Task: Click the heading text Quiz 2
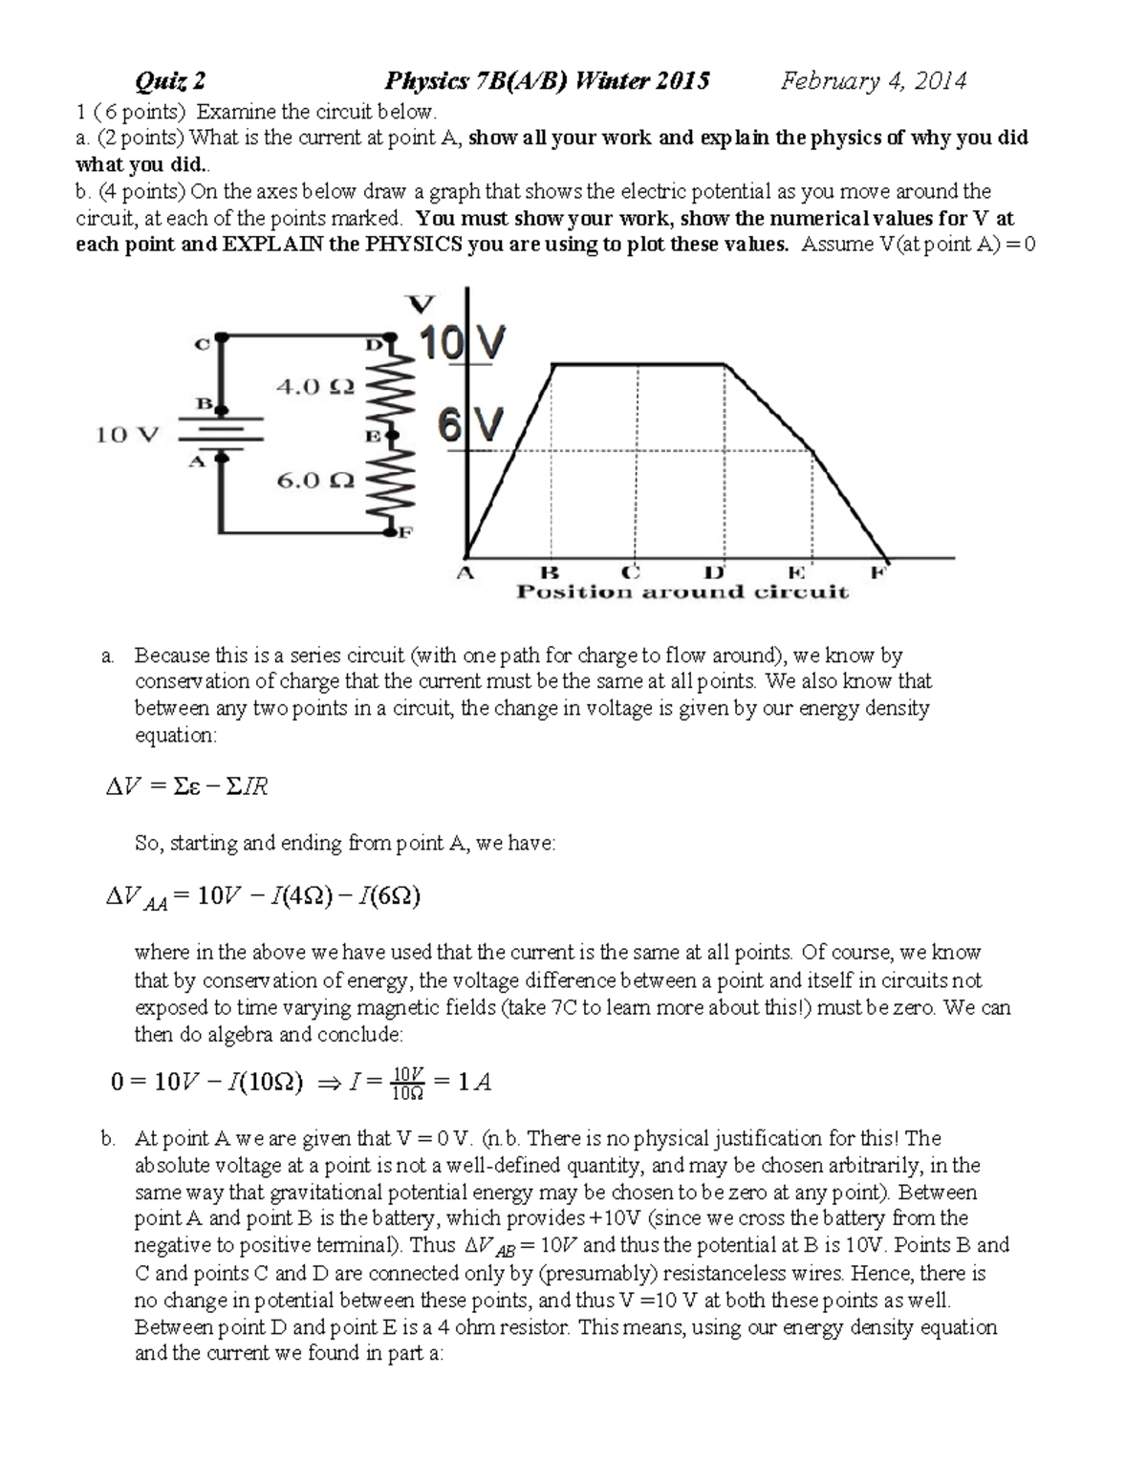coord(170,81)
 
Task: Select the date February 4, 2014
coord(873,81)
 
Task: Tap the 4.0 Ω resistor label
coord(314,387)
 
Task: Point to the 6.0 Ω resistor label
coord(315,481)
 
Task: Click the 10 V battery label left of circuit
coord(126,436)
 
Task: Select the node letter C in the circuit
coord(201,344)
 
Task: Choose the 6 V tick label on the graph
coord(469,426)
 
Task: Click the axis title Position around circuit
coord(682,592)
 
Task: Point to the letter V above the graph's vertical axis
coord(421,305)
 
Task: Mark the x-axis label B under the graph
coord(549,573)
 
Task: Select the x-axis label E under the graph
coord(795,573)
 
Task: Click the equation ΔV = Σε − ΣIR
coord(186,786)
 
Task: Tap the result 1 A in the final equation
coord(475,1082)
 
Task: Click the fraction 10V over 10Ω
coord(408,1083)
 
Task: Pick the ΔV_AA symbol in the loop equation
coord(136,898)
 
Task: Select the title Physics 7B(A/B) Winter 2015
coord(547,81)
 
